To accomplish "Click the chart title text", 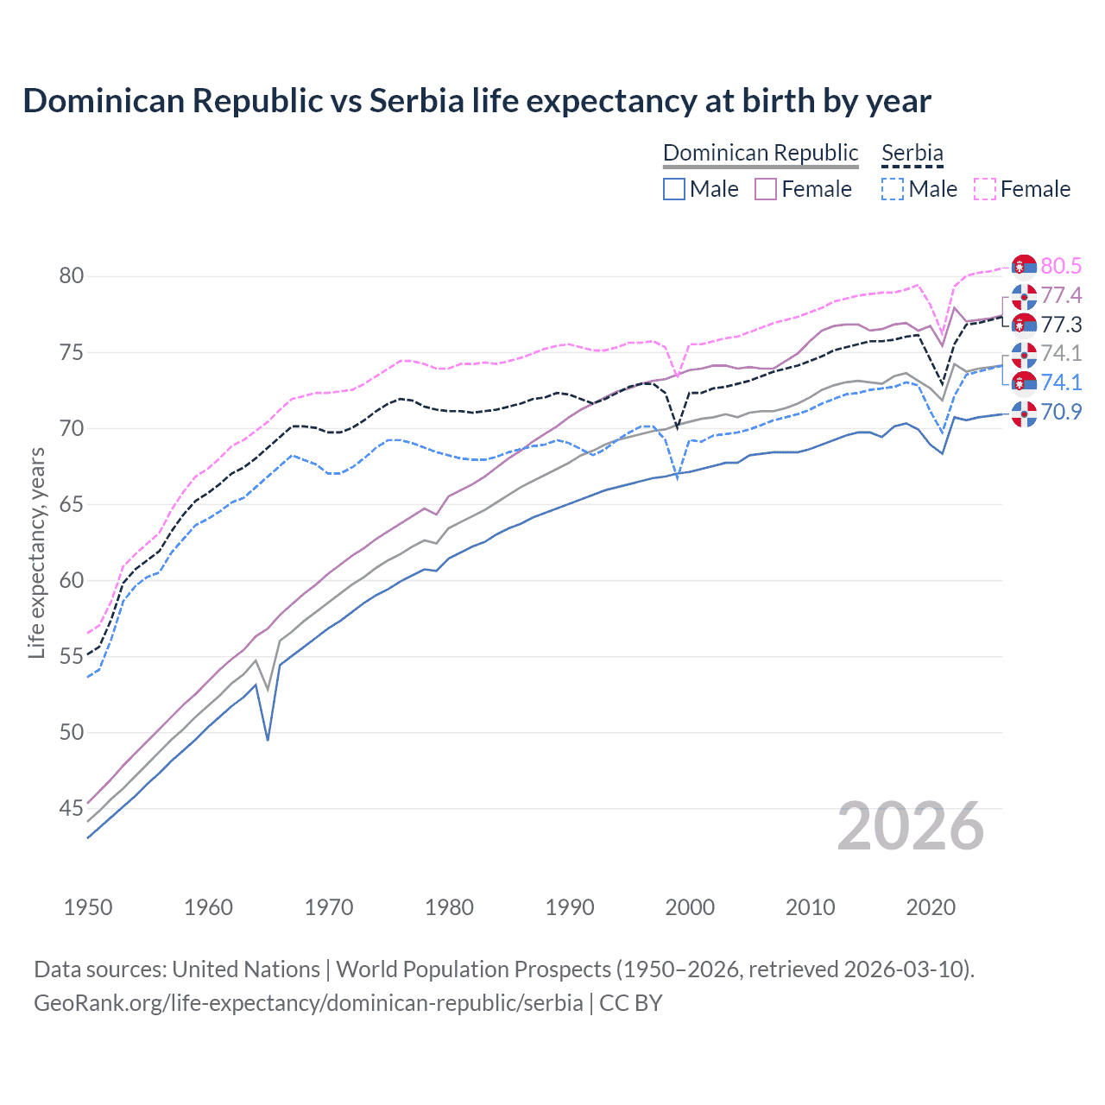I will [x=477, y=101].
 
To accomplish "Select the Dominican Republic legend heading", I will [x=761, y=153].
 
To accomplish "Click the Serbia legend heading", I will [x=912, y=153].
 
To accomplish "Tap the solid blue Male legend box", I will [x=674, y=189].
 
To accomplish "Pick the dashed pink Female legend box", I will [x=985, y=189].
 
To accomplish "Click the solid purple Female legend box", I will [x=766, y=189].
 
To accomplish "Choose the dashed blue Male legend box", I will [x=893, y=189].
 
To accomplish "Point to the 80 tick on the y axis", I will [x=71, y=276].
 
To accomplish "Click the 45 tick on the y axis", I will [x=71, y=809].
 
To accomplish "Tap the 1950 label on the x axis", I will [x=88, y=907].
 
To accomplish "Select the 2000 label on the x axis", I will [x=690, y=907].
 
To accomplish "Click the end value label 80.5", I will [x=1061, y=266].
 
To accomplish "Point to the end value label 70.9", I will [x=1061, y=412].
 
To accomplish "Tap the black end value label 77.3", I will [x=1061, y=325].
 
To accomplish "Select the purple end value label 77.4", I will [x=1061, y=296].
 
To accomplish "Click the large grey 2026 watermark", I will [x=911, y=826].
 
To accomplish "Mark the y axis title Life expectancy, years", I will [x=36, y=552].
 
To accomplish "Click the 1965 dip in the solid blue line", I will [x=268, y=739].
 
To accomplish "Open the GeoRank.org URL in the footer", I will [x=308, y=1003].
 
